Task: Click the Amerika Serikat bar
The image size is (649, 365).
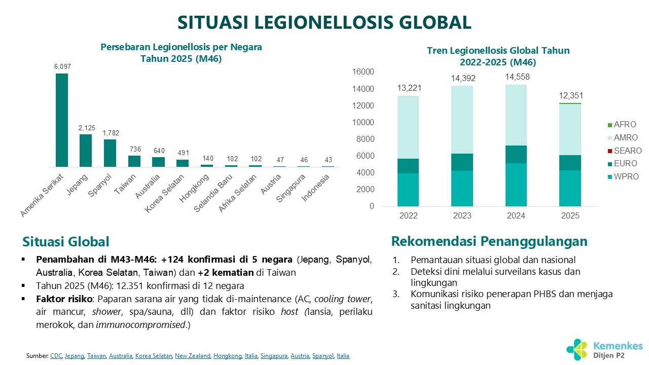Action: (x=62, y=120)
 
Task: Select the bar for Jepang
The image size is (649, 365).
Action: (x=86, y=151)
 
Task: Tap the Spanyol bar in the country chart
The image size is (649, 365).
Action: (x=110, y=153)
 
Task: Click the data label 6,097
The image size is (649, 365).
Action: (x=62, y=66)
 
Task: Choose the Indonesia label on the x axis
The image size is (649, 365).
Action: (x=316, y=187)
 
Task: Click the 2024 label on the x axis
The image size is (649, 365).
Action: (x=517, y=215)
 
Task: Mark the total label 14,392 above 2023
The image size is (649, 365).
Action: (x=462, y=79)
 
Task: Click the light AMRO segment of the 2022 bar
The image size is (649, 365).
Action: (x=409, y=127)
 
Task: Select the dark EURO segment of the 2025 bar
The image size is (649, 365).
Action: (x=570, y=163)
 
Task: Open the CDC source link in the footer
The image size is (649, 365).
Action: (x=55, y=356)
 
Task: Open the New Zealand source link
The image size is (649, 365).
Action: (x=192, y=356)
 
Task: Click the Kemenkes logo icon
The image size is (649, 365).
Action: (x=578, y=348)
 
